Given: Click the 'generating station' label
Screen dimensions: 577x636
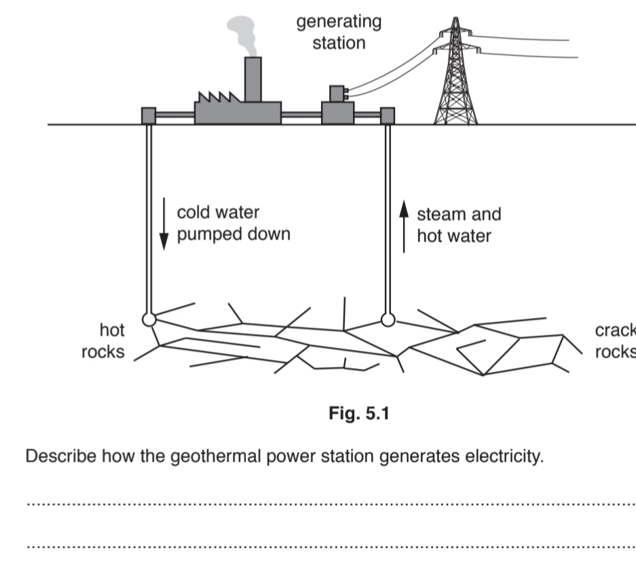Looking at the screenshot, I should [339, 32].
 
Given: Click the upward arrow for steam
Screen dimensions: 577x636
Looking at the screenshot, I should [404, 225].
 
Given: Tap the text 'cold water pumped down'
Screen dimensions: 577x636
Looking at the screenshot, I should [233, 223].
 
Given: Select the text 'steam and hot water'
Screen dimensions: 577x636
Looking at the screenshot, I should [458, 224].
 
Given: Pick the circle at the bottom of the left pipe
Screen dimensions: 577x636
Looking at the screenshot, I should [149, 319].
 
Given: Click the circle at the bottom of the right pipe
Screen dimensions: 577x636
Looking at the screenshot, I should [388, 319].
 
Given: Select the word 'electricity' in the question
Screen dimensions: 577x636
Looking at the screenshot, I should [504, 456].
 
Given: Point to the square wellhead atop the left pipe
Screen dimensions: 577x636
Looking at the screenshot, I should [149, 116].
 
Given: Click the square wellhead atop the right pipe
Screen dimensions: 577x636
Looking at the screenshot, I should [388, 116].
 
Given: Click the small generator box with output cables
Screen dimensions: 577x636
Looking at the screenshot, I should [337, 93].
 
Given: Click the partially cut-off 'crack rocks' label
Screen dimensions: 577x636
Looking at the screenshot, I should [615, 341].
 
